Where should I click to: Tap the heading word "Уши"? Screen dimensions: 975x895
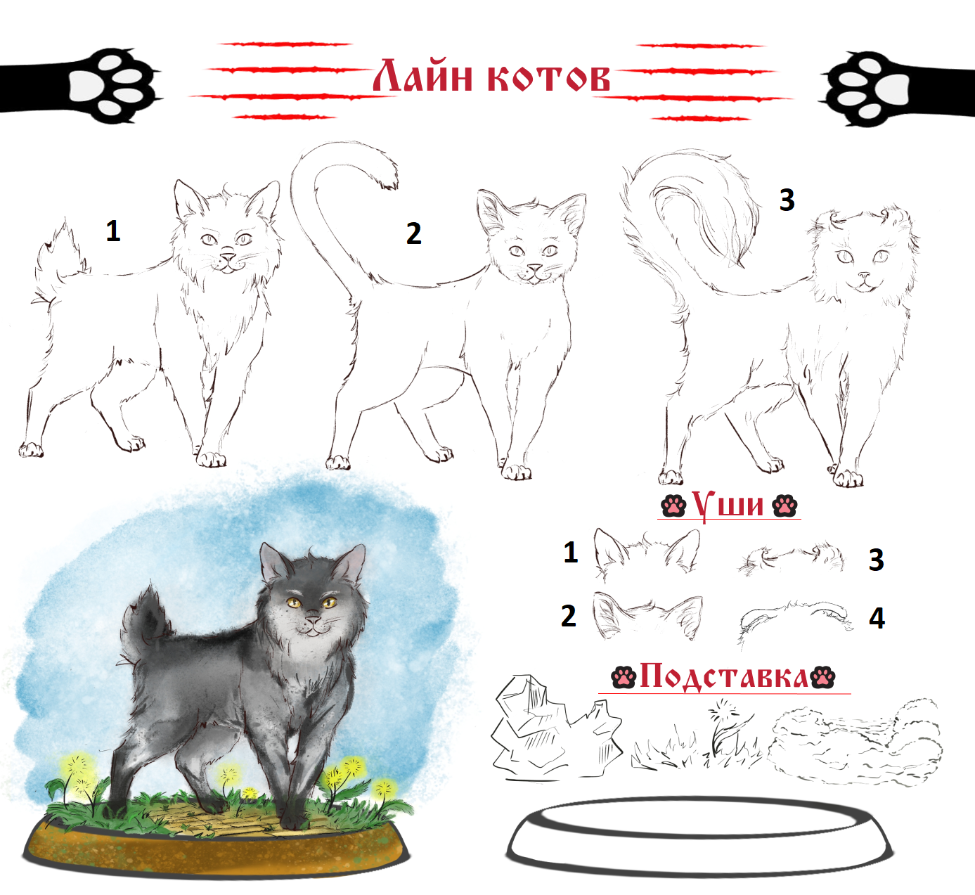728,505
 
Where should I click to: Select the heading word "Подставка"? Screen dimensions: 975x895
724,676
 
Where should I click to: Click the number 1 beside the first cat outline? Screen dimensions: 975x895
112,231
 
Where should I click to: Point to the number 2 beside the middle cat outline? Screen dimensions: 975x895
413,233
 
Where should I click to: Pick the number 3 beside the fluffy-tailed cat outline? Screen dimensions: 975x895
787,200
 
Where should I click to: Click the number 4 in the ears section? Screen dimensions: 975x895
877,619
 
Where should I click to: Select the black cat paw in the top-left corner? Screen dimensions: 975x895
80,86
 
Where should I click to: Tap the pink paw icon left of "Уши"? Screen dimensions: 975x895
673,506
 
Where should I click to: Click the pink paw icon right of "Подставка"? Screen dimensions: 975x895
823,677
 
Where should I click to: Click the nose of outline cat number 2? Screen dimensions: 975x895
535,269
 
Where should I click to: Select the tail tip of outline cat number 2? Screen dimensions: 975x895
388,182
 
